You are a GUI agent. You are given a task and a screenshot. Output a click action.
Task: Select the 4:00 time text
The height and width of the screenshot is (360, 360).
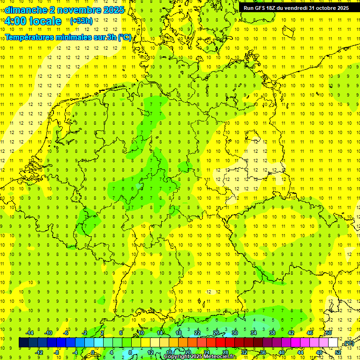[15, 21]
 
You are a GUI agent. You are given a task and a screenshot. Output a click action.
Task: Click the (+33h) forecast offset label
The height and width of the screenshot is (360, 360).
[81, 21]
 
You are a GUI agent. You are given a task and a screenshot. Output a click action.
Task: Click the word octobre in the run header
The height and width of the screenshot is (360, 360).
[322, 8]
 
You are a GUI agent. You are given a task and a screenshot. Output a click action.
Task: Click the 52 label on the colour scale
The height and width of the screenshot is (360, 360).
[338, 352]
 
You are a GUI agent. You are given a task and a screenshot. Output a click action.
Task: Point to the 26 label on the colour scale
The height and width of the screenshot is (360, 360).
[216, 333]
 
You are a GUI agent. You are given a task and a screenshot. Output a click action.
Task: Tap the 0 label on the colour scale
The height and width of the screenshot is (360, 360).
[93, 352]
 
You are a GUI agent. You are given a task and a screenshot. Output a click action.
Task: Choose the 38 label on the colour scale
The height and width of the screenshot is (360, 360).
[272, 333]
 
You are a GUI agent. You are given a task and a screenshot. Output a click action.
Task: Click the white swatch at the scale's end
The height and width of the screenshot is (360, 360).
[333, 343]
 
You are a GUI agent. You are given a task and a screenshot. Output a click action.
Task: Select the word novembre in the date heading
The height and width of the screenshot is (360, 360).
[76, 10]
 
